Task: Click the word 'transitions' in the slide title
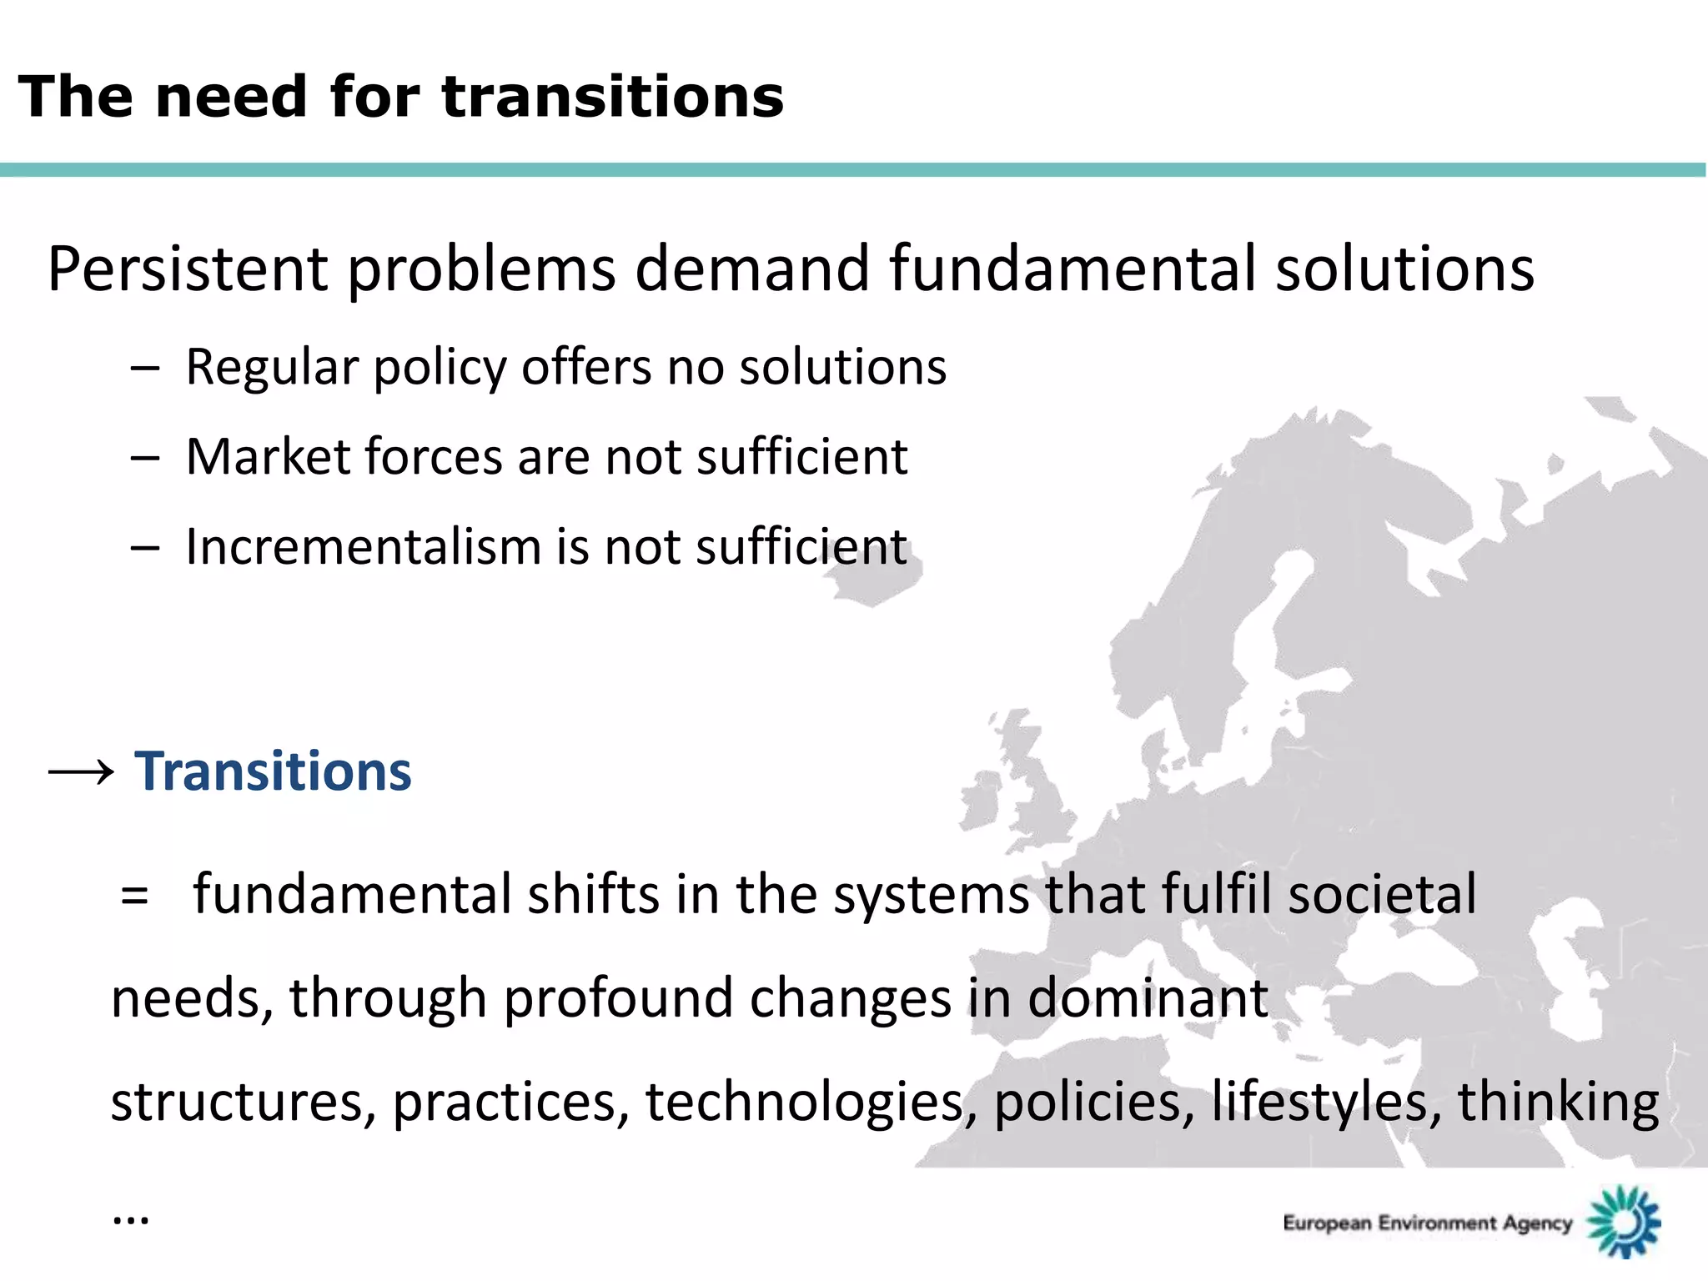point(612,97)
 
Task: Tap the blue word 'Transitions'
point(273,771)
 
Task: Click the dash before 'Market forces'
point(144,458)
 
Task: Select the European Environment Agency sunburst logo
point(1624,1221)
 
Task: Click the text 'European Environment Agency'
point(1427,1223)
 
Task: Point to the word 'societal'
point(1382,894)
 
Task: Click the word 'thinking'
point(1557,1102)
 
